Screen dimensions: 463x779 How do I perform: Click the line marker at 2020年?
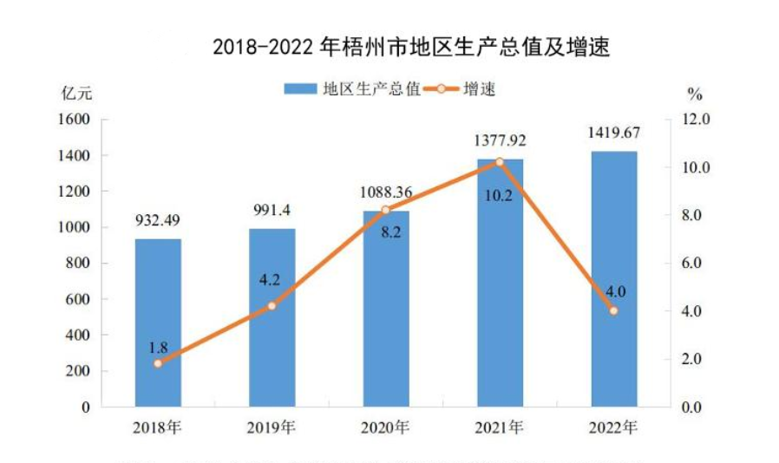coord(386,211)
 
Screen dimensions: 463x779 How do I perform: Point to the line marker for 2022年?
coord(614,310)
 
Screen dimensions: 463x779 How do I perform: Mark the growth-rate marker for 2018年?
coord(158,363)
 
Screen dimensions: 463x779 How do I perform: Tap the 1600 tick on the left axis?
coord(75,120)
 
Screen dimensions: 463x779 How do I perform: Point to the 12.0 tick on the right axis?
coord(697,120)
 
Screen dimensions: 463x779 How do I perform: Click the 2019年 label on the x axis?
coord(272,427)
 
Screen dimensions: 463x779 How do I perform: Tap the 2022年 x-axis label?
coord(614,427)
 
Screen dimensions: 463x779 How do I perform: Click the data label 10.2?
coord(499,196)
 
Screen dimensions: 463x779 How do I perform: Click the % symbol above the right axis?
coord(694,92)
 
